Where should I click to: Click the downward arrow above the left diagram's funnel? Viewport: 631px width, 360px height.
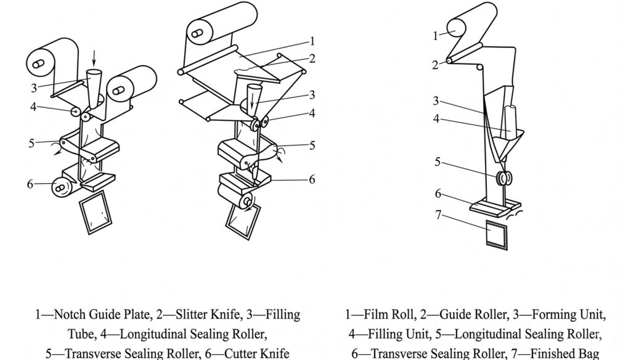(x=94, y=57)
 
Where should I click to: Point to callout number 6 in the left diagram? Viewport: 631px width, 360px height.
(x=30, y=184)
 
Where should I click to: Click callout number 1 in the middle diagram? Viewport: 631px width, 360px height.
(x=312, y=41)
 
